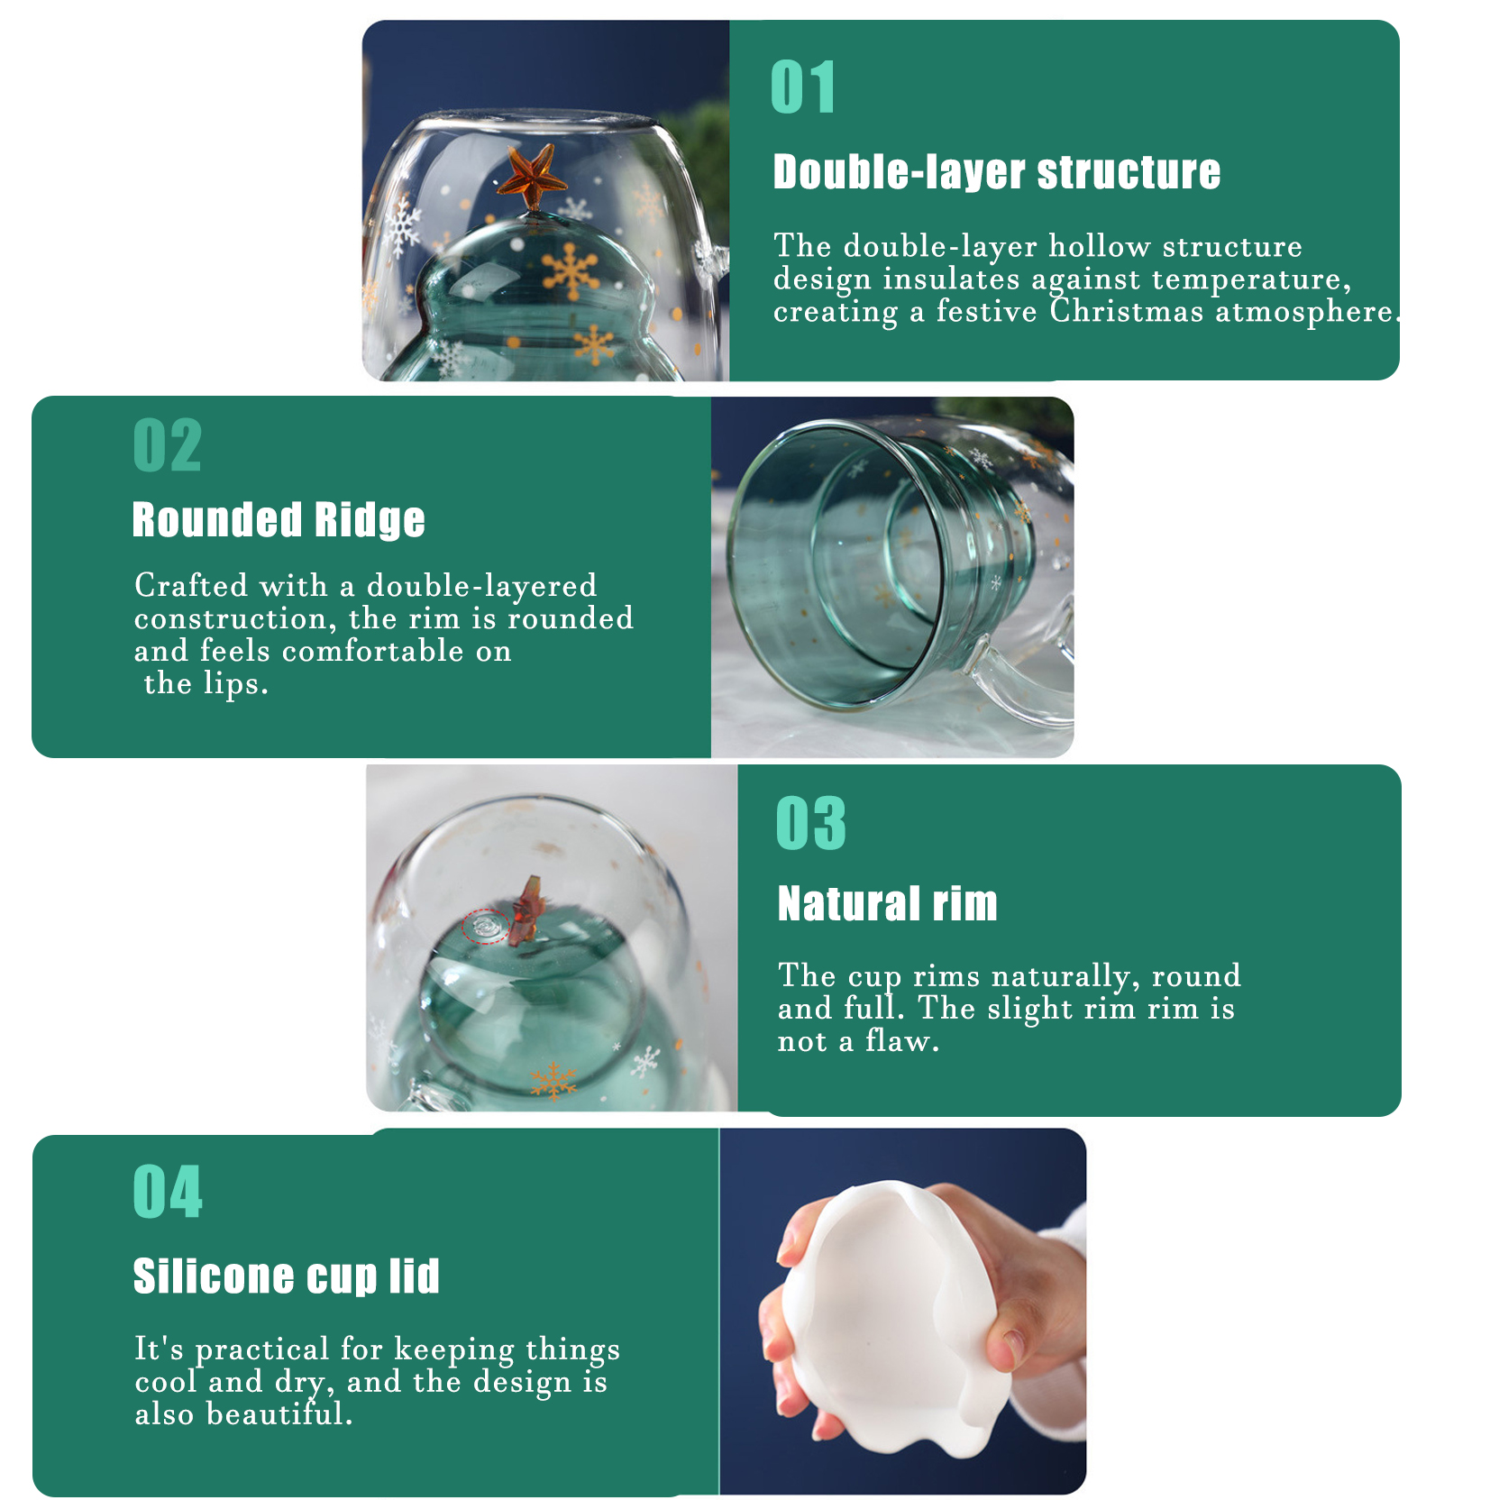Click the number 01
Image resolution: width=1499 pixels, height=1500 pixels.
click(803, 87)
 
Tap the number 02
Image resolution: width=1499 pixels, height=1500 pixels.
click(168, 445)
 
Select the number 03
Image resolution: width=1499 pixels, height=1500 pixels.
click(811, 823)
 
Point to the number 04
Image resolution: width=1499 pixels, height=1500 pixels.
click(169, 1192)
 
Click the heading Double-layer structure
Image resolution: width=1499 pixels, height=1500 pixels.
click(997, 172)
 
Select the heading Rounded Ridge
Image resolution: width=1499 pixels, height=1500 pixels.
click(279, 520)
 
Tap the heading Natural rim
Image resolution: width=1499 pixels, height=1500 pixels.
click(888, 903)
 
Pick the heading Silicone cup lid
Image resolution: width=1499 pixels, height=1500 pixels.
click(287, 1276)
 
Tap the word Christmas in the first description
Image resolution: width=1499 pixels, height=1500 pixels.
click(1127, 312)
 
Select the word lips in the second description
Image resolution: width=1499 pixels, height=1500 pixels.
click(231, 684)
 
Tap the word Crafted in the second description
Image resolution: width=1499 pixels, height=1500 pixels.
click(191, 586)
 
